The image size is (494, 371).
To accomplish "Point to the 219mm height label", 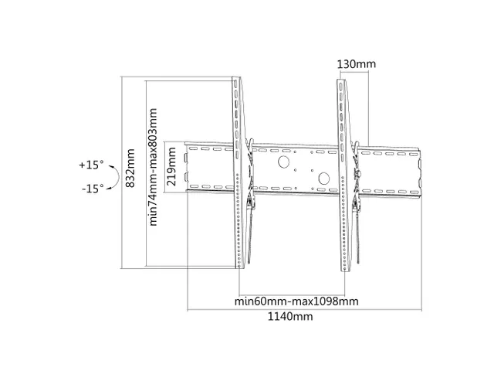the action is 172,165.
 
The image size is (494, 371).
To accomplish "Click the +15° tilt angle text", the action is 90,165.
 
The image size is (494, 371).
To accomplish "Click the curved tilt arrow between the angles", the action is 113,177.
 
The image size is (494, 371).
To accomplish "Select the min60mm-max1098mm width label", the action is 296,301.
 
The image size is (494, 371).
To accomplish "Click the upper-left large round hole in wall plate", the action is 284,162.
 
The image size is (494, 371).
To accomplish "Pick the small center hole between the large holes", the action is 304,173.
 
